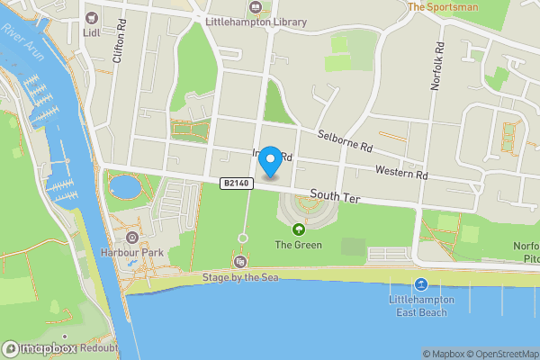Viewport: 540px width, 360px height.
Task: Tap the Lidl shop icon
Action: [91, 18]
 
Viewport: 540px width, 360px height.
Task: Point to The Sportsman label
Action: [442, 5]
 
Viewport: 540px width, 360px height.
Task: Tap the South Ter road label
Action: [334, 194]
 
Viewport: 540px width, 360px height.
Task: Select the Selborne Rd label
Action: [345, 140]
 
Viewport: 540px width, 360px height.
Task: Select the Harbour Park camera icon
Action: [132, 238]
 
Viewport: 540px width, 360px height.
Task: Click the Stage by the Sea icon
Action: [240, 262]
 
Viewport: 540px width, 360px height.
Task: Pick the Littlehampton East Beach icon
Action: [420, 284]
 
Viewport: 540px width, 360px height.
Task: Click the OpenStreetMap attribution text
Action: [499, 354]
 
